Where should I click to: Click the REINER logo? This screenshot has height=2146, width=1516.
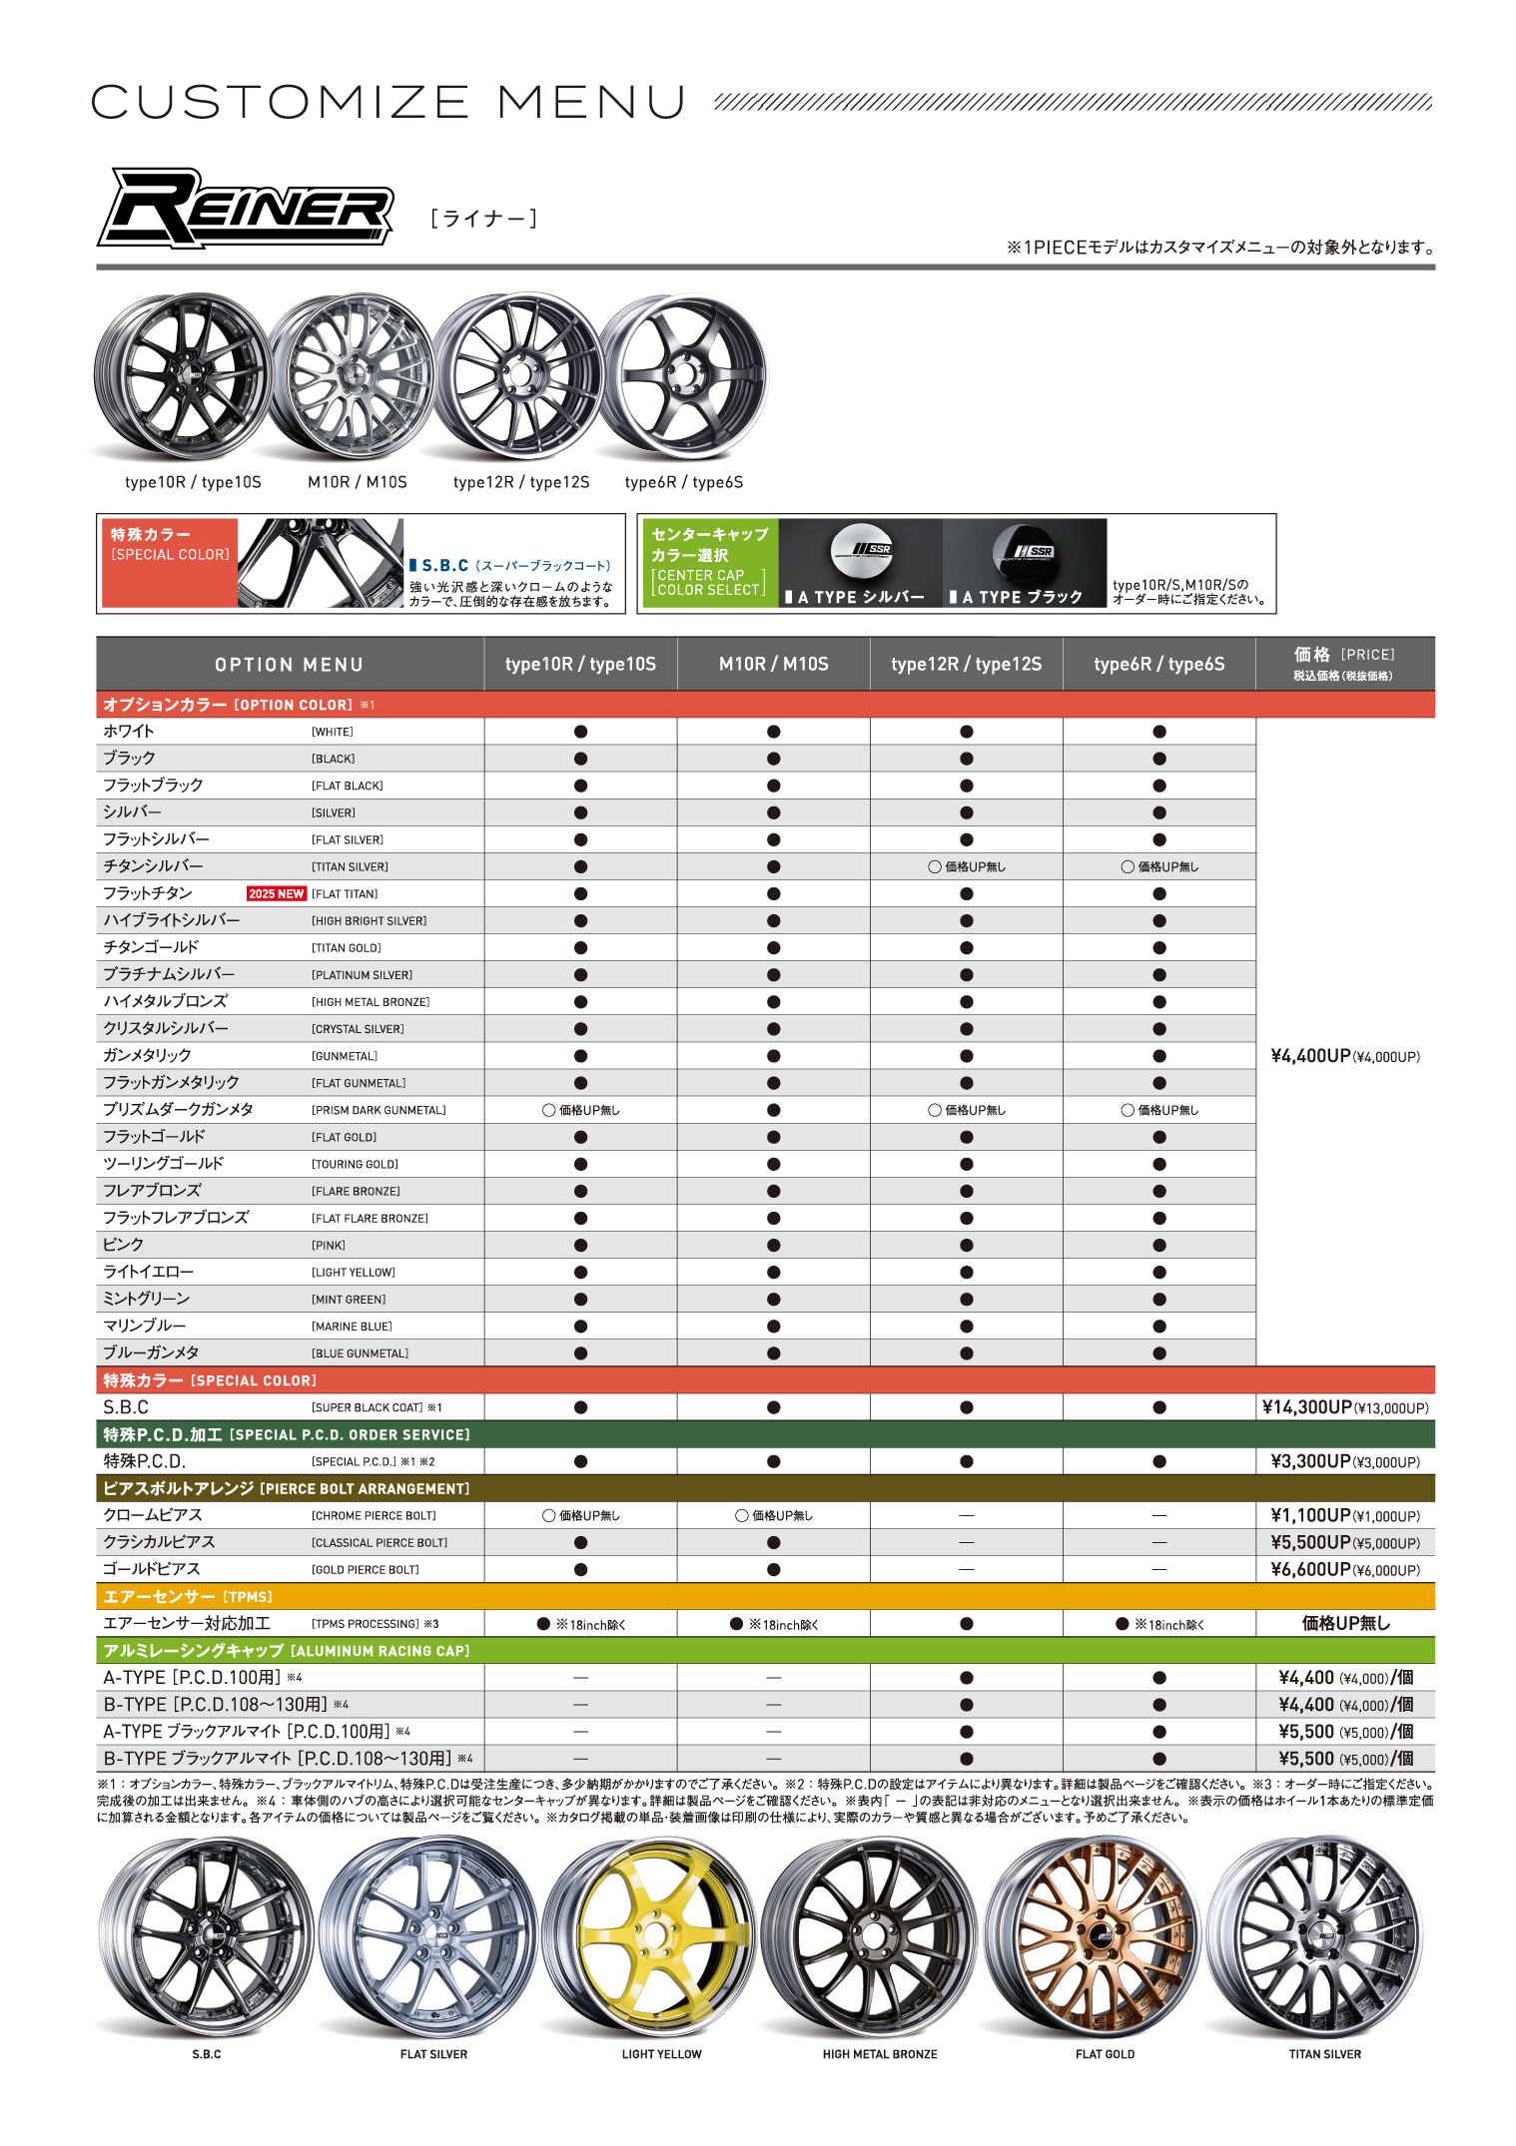246,208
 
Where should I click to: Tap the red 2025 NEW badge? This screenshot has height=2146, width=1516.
276,893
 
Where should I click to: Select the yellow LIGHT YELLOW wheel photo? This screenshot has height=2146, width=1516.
654,1937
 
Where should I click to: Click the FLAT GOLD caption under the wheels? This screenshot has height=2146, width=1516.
1105,2054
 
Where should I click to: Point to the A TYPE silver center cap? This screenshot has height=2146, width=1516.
861,549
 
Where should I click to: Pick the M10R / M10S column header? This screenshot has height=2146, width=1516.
773,664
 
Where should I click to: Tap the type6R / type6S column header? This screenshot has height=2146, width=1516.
1158,664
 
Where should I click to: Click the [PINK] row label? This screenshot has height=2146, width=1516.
329,1245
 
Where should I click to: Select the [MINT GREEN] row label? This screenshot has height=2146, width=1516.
349,1299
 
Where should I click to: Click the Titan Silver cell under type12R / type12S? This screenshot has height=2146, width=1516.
966,866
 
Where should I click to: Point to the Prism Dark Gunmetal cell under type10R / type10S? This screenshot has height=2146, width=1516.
580,1110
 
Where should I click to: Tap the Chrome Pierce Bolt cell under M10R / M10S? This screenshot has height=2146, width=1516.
773,1515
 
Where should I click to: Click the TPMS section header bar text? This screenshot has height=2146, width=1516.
188,1596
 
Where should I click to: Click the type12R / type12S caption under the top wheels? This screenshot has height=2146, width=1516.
521,482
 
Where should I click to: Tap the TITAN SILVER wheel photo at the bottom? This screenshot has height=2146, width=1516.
1314,1937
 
